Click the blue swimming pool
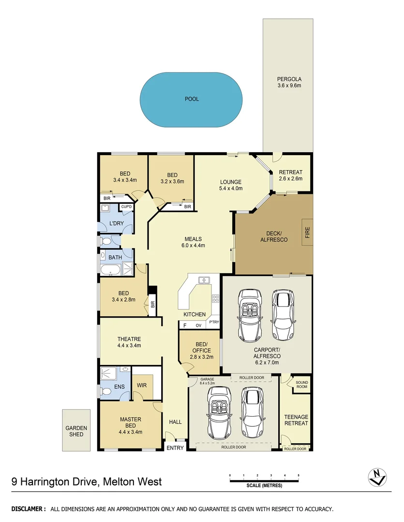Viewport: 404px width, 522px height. click(191, 100)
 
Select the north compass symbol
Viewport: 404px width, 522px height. click(376, 477)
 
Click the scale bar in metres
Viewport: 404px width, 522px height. click(264, 480)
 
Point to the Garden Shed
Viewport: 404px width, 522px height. click(76, 431)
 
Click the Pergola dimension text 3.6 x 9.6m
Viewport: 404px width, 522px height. click(289, 86)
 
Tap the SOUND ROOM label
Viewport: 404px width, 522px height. click(301, 384)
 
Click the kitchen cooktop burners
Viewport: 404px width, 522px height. click(215, 299)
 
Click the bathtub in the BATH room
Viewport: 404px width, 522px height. click(111, 269)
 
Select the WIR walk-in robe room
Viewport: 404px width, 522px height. click(142, 385)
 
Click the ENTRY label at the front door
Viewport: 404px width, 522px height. click(175, 448)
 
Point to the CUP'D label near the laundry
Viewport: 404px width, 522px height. click(126, 207)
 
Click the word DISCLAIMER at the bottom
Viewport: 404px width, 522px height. click(29, 509)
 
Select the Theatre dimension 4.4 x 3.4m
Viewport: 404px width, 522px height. click(129, 346)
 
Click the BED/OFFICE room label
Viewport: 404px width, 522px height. click(200, 348)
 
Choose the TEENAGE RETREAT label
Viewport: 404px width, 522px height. click(296, 420)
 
